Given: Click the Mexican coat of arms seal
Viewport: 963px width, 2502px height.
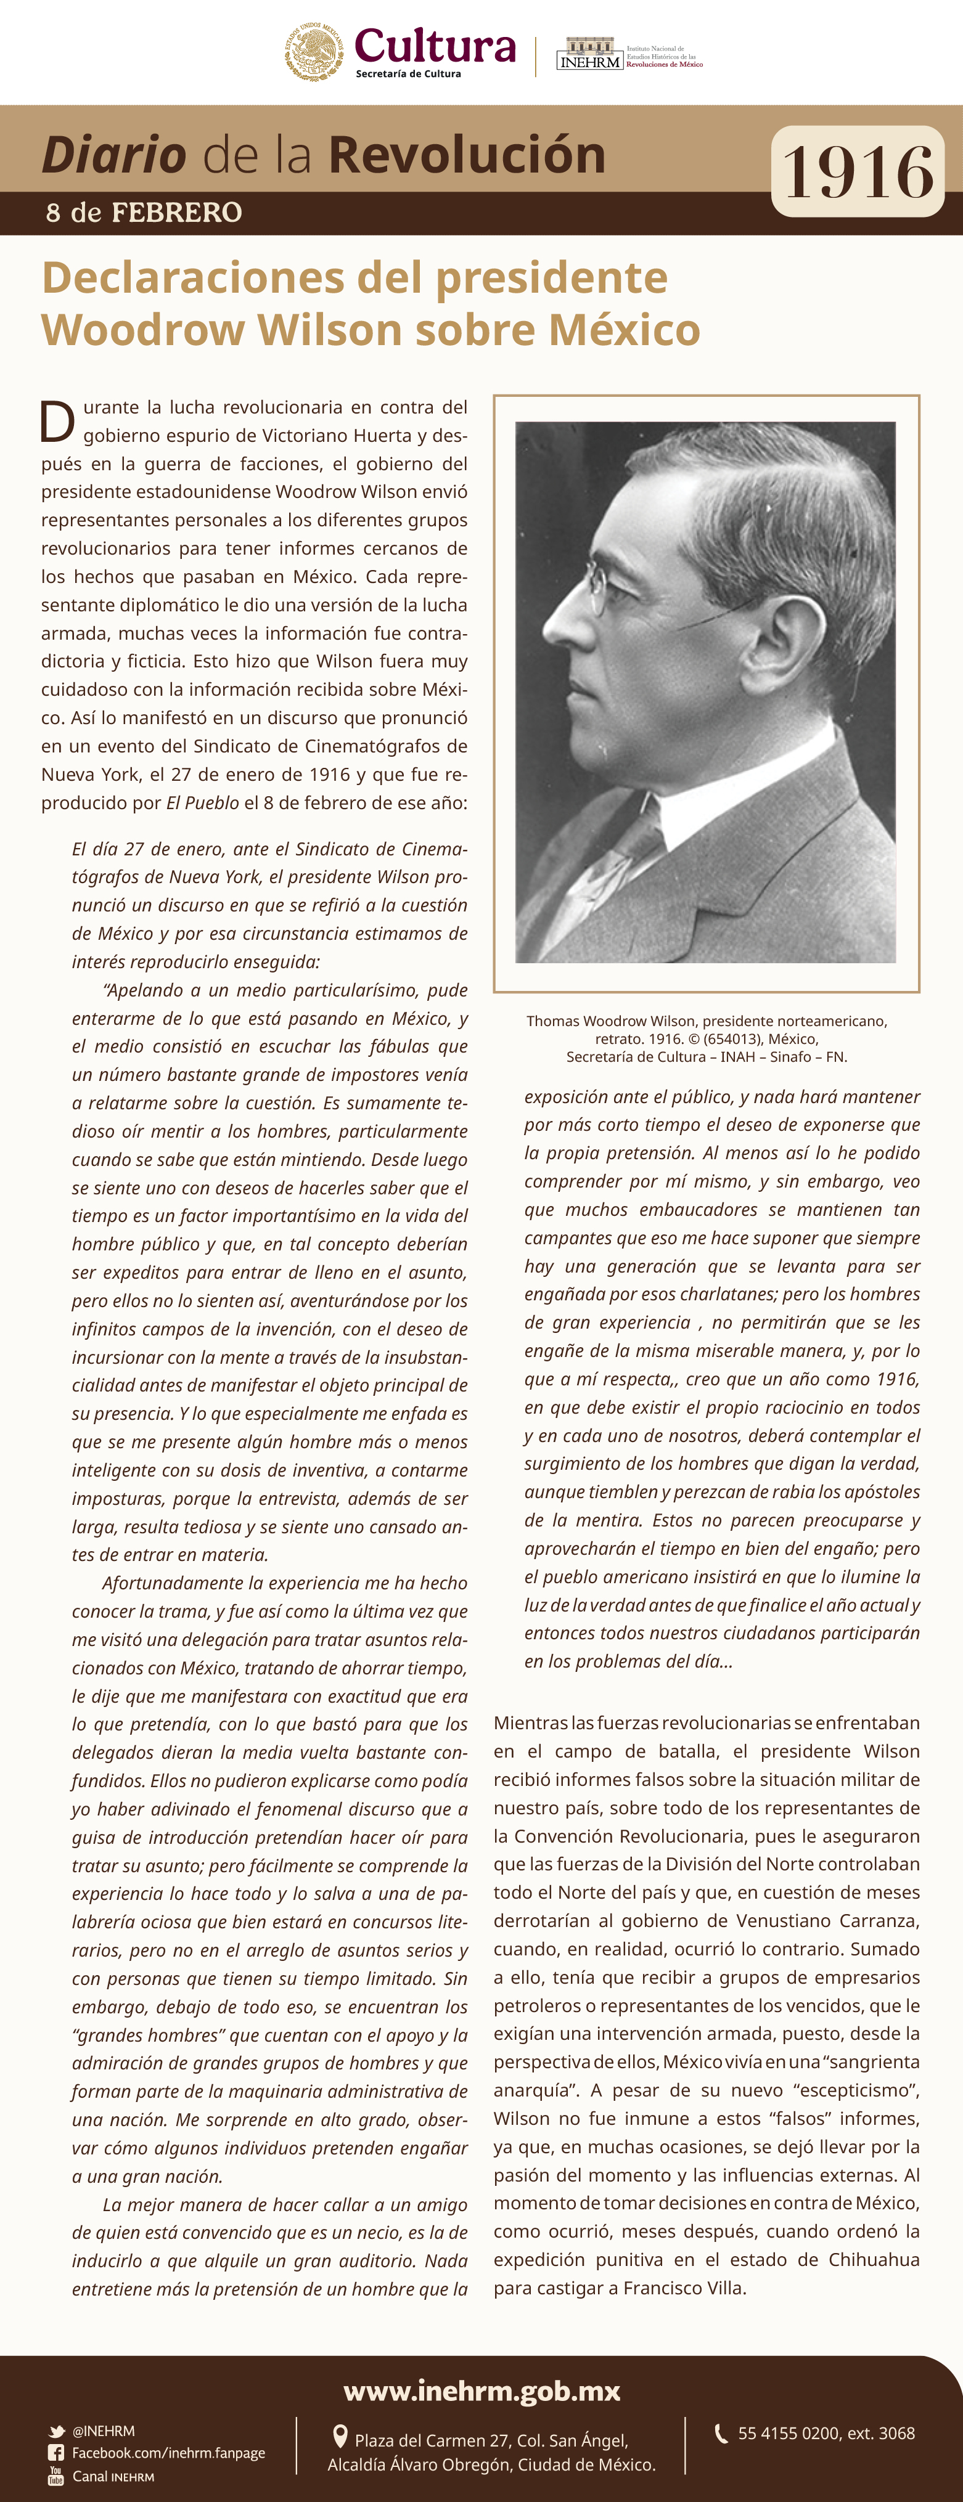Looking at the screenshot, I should coord(313,52).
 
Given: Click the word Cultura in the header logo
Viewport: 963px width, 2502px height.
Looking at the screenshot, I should coord(435,46).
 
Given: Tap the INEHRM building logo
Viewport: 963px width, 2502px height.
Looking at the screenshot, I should coord(589,54).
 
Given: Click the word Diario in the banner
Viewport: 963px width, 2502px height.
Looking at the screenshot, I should coord(113,155).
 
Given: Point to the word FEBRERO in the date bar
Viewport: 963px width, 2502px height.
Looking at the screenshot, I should coord(177,213).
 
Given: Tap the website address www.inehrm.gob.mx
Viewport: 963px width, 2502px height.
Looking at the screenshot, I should coord(482,2390).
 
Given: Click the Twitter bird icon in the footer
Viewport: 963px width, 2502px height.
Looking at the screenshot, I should coord(56,2431).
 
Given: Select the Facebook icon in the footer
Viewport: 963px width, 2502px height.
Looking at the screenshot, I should coord(56,2453).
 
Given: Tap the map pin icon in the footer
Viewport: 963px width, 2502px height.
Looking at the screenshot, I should coord(340,2436).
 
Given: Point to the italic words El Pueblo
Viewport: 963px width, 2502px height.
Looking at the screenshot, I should coord(202,803).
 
